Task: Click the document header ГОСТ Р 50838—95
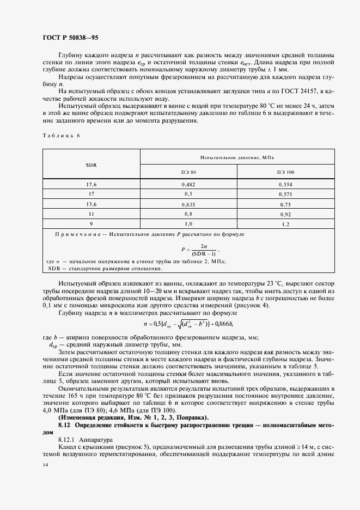(x=70, y=38)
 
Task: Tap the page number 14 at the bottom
(x=45, y=465)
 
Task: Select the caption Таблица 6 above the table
(x=60, y=135)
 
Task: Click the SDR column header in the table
(x=91, y=164)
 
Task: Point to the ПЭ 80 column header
(x=189, y=172)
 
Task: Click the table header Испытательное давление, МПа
(x=237, y=157)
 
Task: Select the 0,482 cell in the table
(x=189, y=184)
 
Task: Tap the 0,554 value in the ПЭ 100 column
(x=285, y=184)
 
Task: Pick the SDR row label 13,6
(x=91, y=204)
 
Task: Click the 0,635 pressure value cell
(x=189, y=204)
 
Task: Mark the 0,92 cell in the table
(x=285, y=214)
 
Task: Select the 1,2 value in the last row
(x=285, y=224)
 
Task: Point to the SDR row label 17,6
(x=91, y=184)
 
